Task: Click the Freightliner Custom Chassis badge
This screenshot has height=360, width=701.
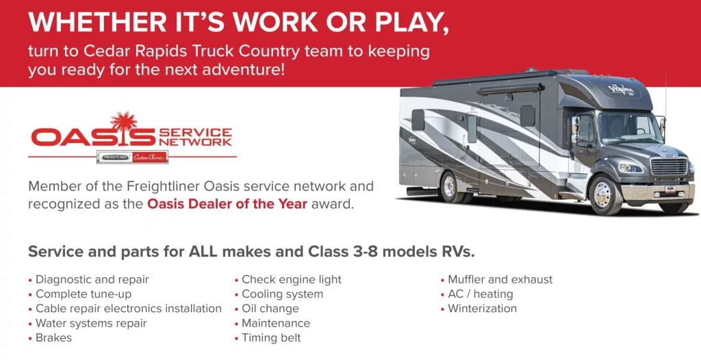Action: coord(132,157)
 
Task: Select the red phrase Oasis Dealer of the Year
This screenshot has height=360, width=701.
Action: coord(227,204)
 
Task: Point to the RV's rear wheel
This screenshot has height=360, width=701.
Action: coord(450,186)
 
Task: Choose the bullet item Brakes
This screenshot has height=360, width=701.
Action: coord(53,337)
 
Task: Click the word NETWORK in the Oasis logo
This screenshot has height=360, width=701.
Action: coord(196,142)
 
